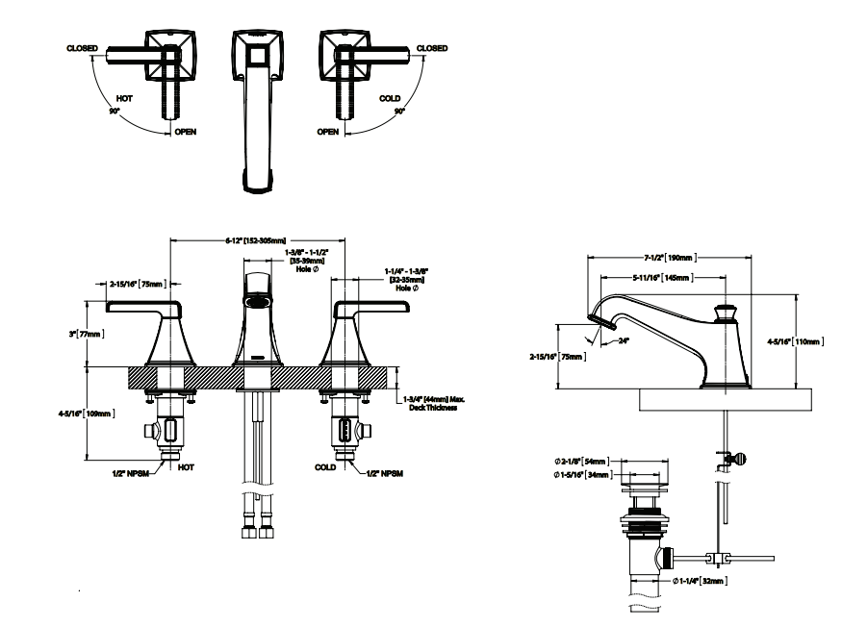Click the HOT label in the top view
coord(124,98)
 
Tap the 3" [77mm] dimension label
coord(94,333)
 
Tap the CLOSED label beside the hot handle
coord(82,47)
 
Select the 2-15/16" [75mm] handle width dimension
coord(136,284)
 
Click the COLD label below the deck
coord(325,466)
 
